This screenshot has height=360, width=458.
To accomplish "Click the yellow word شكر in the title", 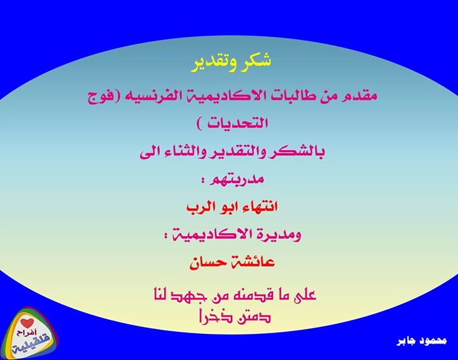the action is coord(255,60).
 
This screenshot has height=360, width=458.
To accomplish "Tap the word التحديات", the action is coord(237,123).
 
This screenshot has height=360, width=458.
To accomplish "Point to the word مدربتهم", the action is coord(237,179).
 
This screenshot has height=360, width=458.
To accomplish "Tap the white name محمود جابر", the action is coord(422,340).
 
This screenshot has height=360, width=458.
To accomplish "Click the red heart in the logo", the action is coord(27,322).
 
